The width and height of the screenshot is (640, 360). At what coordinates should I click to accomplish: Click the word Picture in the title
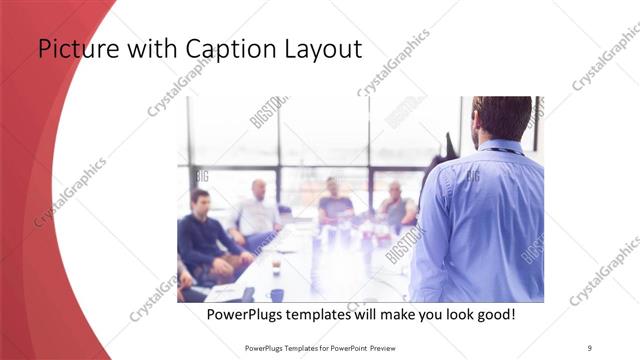coord(75,49)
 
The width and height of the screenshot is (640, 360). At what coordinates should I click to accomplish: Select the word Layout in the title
coord(319,49)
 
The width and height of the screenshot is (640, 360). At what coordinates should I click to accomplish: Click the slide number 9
coord(590,347)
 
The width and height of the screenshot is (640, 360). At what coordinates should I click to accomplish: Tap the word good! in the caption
coord(491,314)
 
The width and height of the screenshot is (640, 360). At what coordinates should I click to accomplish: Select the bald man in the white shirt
coord(257,210)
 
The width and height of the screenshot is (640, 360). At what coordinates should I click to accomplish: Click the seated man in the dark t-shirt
coord(335,205)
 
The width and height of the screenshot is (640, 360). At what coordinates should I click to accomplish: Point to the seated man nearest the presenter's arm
coord(396,207)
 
